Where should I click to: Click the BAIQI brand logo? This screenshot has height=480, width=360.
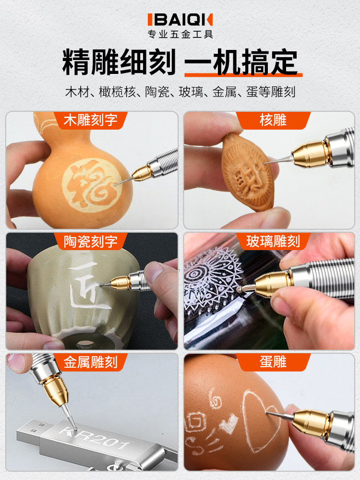180,20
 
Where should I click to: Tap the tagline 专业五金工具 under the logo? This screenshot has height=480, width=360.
180,34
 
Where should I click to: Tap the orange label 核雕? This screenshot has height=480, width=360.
273,120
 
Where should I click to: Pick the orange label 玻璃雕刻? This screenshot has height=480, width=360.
273,241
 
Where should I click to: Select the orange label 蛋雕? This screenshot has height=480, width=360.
273,362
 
